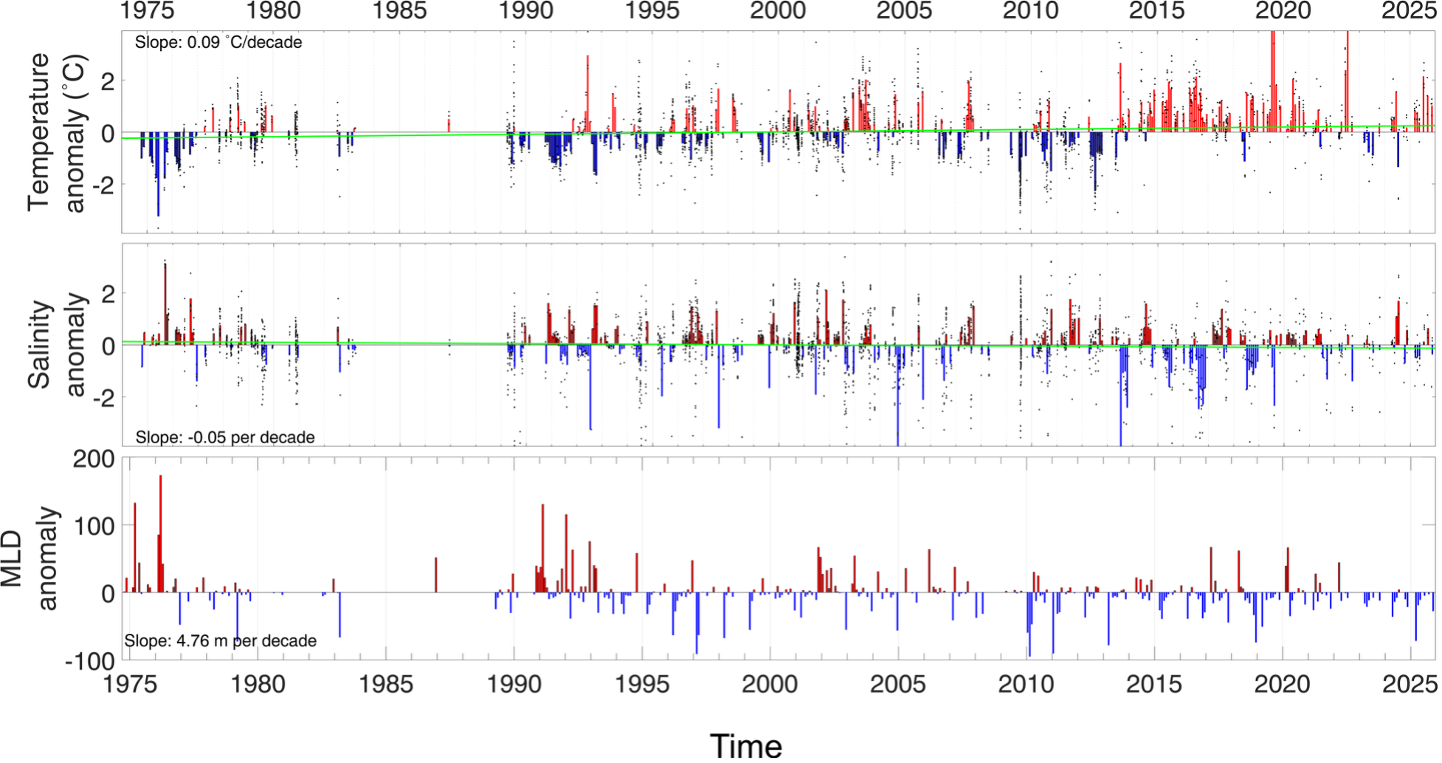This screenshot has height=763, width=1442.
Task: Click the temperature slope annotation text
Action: [218, 43]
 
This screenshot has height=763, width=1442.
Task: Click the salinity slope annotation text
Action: [225, 437]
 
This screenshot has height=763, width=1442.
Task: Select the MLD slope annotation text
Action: [221, 640]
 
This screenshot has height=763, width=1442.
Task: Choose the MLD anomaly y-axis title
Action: [30, 558]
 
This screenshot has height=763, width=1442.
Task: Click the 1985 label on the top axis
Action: [399, 11]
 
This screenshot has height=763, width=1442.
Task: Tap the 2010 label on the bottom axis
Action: [1026, 684]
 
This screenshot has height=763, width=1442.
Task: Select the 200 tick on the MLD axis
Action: [94, 459]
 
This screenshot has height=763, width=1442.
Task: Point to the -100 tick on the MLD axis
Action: [90, 660]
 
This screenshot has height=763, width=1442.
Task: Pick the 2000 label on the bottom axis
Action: [770, 684]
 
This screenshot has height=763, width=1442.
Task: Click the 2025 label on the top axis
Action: [1409, 11]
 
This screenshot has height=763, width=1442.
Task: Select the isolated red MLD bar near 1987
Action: [436, 575]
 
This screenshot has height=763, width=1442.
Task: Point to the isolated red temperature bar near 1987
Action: [449, 125]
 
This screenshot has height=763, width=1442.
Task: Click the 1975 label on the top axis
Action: [148, 11]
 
